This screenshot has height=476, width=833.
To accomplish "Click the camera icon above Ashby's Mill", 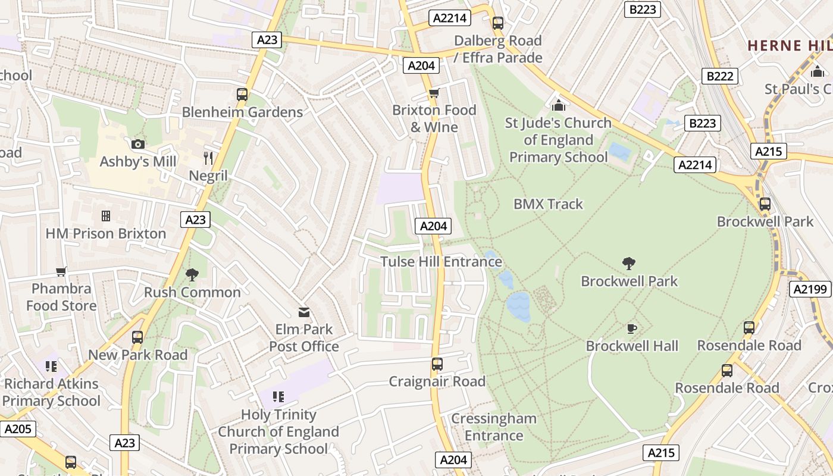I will point(137,144).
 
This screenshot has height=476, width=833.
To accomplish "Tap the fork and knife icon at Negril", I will point(208,158).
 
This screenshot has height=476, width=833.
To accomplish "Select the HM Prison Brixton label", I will point(106,233).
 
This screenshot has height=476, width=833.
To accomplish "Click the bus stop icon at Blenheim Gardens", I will point(242,94).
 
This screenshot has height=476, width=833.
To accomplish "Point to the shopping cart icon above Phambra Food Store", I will point(61,272).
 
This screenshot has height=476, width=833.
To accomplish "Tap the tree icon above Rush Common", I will point(192,274).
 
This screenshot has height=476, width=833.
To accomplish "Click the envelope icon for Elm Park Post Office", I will point(304,312).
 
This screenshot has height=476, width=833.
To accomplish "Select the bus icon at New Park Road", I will point(137,337).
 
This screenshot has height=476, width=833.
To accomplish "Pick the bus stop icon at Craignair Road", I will point(437,364).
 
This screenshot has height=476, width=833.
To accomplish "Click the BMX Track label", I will point(548,204).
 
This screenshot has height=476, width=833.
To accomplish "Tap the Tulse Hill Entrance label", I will point(441,262).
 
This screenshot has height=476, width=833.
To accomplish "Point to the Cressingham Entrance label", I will point(493,427).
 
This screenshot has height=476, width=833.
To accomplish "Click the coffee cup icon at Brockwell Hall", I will point(632,328).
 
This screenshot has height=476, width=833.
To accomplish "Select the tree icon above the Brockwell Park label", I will point(629,264).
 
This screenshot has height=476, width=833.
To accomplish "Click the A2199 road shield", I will point(810,290).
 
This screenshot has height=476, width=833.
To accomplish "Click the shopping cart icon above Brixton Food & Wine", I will point(434,93).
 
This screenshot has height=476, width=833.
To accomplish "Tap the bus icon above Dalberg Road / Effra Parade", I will point(498,23).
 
